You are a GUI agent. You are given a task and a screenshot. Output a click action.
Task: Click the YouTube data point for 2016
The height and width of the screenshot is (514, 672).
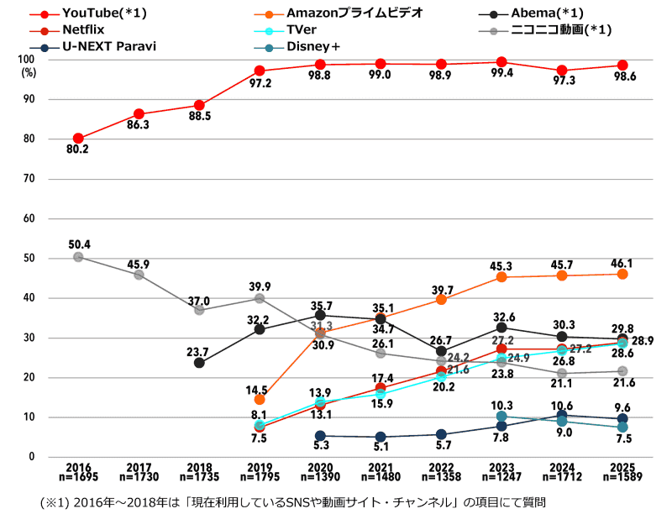click(78, 139)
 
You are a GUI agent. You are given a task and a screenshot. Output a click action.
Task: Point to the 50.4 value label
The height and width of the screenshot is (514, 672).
click(78, 244)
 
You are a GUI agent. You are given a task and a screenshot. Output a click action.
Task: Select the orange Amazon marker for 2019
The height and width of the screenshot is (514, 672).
click(260, 399)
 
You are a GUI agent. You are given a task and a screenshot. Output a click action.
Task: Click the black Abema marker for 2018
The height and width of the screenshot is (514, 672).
click(199, 363)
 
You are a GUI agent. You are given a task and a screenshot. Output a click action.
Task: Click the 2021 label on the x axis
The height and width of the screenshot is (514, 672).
click(381, 466)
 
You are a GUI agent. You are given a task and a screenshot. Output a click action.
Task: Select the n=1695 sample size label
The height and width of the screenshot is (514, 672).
click(78, 477)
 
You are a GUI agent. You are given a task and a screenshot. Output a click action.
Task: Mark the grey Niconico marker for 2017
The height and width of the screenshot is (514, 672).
click(139, 275)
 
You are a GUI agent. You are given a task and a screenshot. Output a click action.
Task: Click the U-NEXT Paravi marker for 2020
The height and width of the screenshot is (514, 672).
click(320, 436)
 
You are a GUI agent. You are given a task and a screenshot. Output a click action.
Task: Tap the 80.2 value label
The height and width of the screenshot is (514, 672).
click(78, 151)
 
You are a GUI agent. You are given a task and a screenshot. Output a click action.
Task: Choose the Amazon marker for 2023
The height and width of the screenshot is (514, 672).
click(501, 276)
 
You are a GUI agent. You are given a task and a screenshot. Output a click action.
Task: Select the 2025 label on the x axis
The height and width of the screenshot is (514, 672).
click(622, 466)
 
